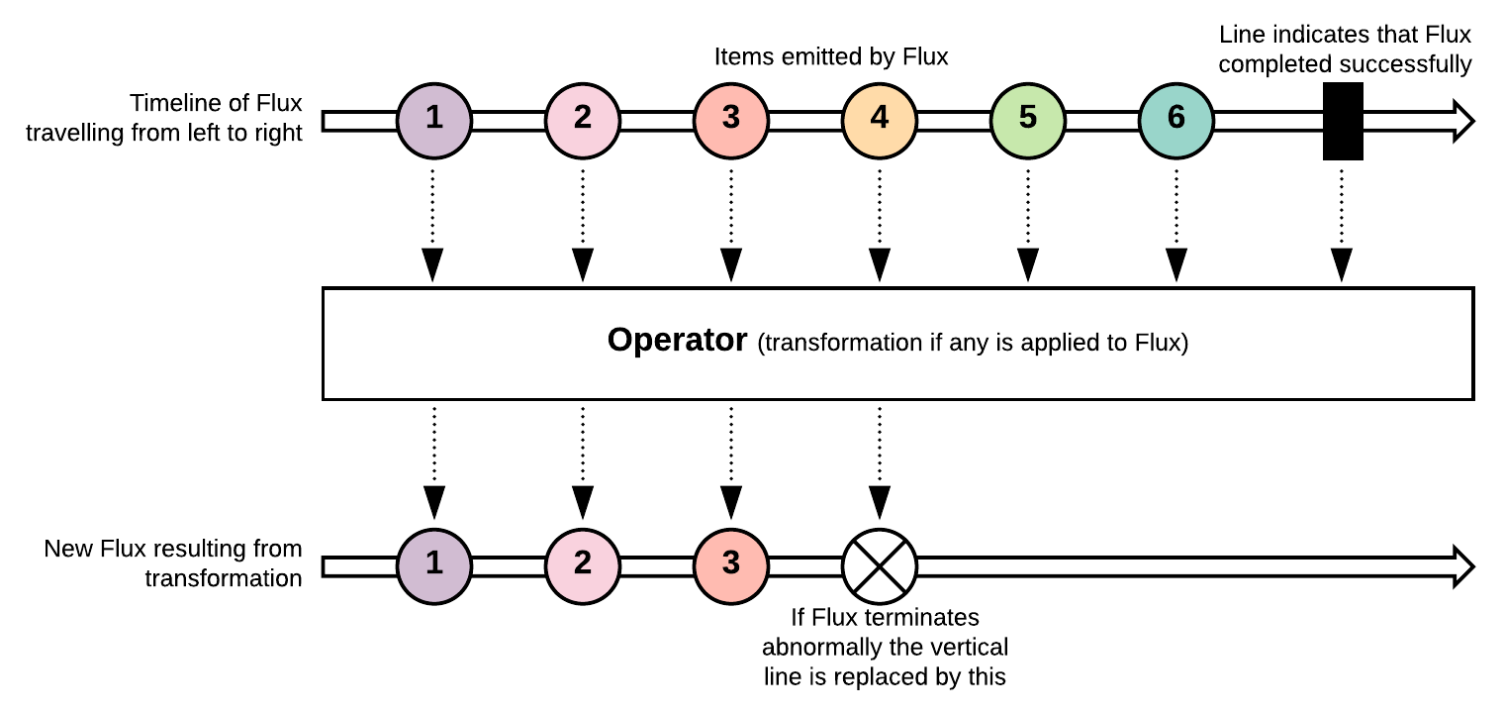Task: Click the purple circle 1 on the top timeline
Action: click(434, 121)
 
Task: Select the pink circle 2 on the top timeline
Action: click(583, 121)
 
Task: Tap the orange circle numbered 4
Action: click(880, 121)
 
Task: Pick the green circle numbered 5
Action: click(1028, 121)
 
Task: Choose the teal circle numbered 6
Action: click(1176, 121)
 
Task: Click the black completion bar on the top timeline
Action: click(1343, 121)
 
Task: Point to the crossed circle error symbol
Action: click(880, 567)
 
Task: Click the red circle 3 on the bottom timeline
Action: click(731, 567)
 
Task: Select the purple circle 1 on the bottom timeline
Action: click(434, 567)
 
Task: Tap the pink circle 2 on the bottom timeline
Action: click(583, 567)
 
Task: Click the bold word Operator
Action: click(677, 341)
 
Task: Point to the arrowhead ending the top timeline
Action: click(1463, 121)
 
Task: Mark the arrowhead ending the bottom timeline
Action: click(1463, 567)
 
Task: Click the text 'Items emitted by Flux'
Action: click(831, 57)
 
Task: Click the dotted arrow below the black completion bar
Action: click(1342, 226)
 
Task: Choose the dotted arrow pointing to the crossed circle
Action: click(880, 463)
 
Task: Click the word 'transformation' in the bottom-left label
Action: click(224, 578)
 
